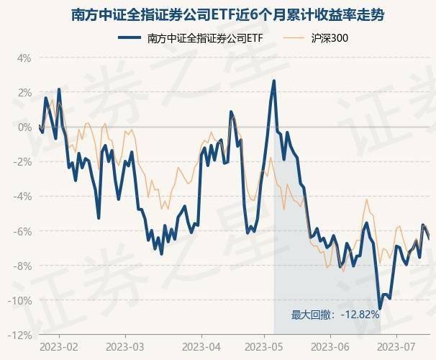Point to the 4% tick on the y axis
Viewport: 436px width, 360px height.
(x=24, y=58)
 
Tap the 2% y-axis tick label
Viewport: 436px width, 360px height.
(x=24, y=92)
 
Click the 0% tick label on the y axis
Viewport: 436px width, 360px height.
(x=24, y=127)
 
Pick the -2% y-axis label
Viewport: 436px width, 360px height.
(x=22, y=161)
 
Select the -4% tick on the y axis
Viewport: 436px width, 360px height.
(x=22, y=197)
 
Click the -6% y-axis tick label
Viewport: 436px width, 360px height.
(x=22, y=231)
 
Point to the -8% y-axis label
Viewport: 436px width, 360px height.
(x=22, y=266)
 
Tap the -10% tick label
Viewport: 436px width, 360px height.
(x=20, y=300)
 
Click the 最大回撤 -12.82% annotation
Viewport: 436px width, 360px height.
(x=334, y=315)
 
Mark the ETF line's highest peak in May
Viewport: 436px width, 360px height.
(x=274, y=81)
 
